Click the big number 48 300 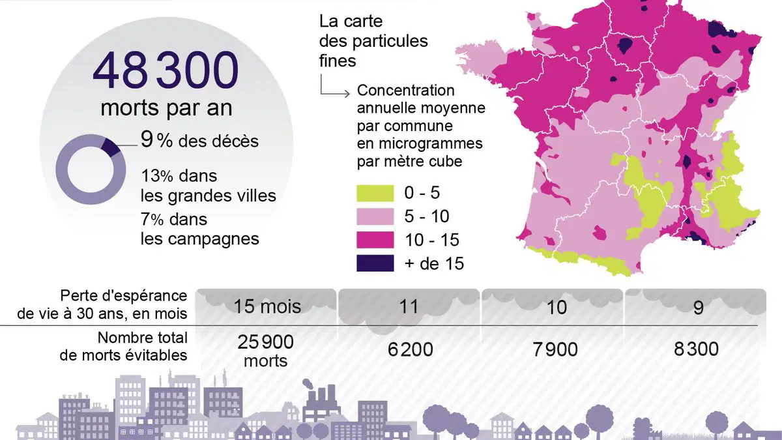(166, 70)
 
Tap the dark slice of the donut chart (111, 147)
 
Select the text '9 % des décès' (199, 140)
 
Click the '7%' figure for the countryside (152, 219)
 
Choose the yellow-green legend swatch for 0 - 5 (375, 193)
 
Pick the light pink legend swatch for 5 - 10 (375, 216)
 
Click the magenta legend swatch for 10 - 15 (375, 240)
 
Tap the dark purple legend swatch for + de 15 (375, 263)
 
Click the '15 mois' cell (267, 306)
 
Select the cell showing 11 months (409, 306)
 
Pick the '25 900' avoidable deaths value (266, 342)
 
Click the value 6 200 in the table (410, 349)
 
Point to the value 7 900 (555, 349)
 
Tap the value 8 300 (696, 349)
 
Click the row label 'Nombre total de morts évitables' (124, 346)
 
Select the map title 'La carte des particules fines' (373, 41)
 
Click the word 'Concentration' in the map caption (405, 90)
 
